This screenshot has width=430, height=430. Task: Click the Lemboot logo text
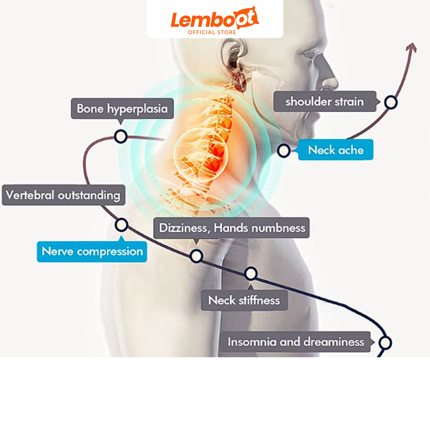215,18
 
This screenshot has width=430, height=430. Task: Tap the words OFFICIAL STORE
212,32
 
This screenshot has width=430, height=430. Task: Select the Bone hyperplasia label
122,109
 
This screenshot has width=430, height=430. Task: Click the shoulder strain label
325,101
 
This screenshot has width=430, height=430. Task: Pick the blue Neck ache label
336,150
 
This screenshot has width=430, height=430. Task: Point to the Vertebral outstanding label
63,195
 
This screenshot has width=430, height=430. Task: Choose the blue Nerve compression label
92,252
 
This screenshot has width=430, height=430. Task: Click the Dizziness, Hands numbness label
232,227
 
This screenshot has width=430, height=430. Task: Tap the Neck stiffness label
244,300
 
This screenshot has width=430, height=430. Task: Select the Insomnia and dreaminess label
296,342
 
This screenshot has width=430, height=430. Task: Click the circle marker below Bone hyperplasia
121,136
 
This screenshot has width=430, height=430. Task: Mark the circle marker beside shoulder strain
390,102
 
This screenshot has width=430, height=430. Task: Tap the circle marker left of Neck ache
283,150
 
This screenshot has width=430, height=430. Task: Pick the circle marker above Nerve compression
121,225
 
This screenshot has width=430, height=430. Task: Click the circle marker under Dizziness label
197,256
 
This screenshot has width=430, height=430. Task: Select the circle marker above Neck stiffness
251,273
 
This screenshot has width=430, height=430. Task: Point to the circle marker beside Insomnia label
385,343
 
